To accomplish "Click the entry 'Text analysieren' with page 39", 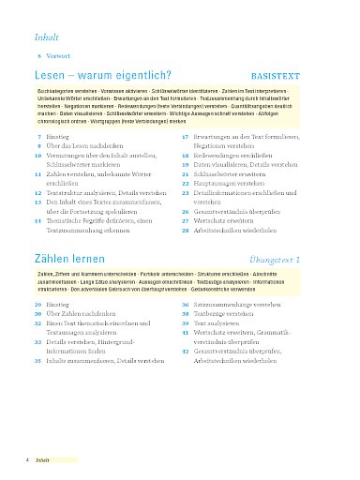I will pos(217,323).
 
